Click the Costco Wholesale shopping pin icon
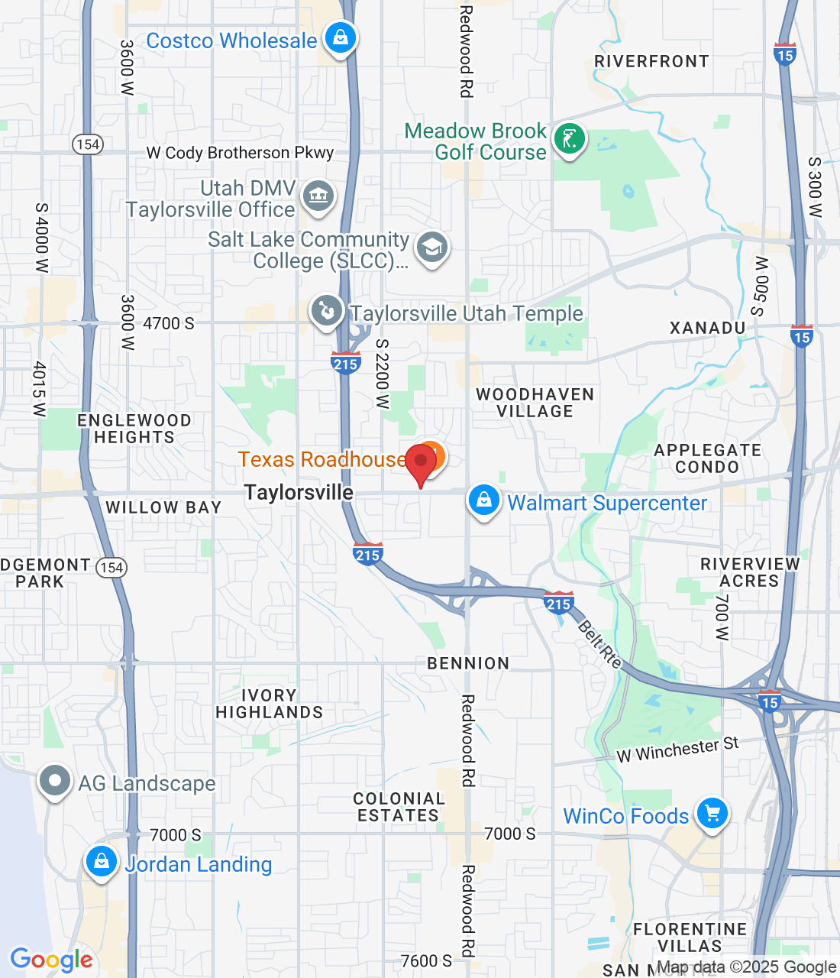pos(340,37)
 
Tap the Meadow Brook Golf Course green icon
pos(569,139)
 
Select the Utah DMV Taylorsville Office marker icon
pos(318,196)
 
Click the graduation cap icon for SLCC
pos(432,248)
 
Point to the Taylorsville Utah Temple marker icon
pos(327,311)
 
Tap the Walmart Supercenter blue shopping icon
pos(483,500)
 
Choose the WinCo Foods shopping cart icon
pos(712,814)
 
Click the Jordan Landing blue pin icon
pos(101,862)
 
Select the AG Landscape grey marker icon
pos(55,782)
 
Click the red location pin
pos(420,462)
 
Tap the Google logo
pos(52,960)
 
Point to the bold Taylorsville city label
pos(299,493)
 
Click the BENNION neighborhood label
pos(468,663)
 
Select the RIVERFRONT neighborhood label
pos(651,61)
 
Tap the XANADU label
pos(707,328)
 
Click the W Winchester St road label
pos(677,750)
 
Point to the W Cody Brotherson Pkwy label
pos(240,153)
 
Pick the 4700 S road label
pos(168,323)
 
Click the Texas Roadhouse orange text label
pos(322,459)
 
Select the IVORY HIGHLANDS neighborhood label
pos(269,704)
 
